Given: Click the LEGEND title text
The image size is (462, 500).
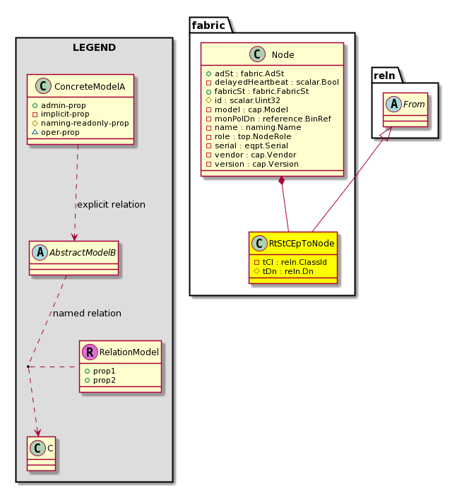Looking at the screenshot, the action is [x=94, y=47].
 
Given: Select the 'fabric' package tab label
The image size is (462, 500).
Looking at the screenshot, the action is [x=208, y=25].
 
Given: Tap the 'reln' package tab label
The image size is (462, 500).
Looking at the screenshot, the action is [x=384, y=76].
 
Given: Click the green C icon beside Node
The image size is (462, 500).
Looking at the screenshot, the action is [x=257, y=54].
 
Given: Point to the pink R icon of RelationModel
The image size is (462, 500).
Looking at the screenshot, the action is [x=90, y=352].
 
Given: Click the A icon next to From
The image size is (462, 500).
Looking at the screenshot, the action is [x=393, y=104].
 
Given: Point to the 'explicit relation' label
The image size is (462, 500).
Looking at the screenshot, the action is [x=111, y=204].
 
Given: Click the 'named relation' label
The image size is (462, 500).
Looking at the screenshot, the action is [x=87, y=313].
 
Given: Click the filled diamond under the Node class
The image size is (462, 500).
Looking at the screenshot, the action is [x=281, y=181].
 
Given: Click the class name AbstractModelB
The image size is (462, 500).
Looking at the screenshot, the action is [x=83, y=253].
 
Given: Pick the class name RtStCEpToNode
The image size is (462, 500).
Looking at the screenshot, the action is [x=302, y=244].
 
